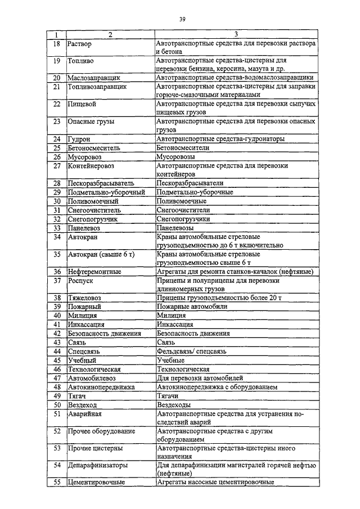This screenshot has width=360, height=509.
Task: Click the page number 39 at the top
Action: tap(182, 20)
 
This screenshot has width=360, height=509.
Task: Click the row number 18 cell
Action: tap(56, 43)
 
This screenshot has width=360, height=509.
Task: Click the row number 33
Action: tap(56, 228)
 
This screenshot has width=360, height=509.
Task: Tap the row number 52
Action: tap(56, 431)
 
